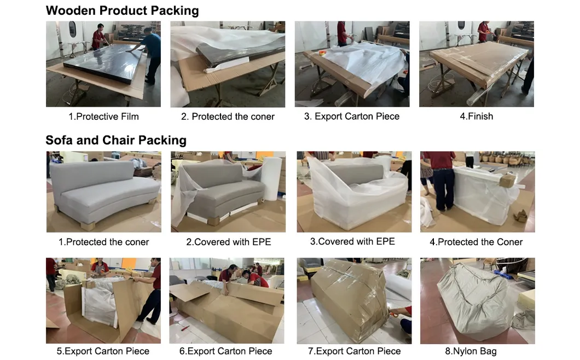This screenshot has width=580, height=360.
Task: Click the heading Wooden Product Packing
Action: (x=122, y=10)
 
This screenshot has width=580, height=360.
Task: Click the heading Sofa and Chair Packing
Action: (x=116, y=140)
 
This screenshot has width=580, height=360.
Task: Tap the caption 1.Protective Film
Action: (x=103, y=117)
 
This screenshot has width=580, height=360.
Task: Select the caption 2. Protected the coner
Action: (x=228, y=117)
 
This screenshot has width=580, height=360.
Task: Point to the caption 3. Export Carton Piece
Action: (x=352, y=117)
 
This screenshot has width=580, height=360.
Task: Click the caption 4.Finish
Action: (x=476, y=117)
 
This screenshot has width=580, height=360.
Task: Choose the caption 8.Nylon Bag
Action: (x=471, y=351)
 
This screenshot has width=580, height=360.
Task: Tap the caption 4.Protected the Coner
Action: (x=476, y=242)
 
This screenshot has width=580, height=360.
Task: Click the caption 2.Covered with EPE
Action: (x=228, y=242)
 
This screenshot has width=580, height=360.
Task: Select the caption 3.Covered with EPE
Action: (x=352, y=241)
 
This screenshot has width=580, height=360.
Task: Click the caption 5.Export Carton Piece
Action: (x=103, y=351)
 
